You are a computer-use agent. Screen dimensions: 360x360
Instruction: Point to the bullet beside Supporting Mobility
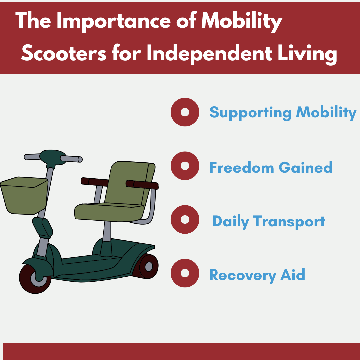(x=185, y=112)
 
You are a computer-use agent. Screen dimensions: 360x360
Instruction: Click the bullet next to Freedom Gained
(x=185, y=166)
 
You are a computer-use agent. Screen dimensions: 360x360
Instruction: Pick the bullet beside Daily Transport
(x=185, y=219)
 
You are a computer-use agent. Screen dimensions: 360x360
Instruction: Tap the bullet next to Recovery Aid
(x=185, y=273)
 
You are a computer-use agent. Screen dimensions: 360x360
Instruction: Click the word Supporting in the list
(x=250, y=113)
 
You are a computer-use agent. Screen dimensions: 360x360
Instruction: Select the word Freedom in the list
(x=242, y=167)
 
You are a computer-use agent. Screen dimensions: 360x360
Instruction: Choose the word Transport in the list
(x=289, y=222)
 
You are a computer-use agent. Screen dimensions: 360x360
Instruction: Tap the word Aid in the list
(x=293, y=274)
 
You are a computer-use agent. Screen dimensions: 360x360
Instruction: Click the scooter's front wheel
(x=35, y=278)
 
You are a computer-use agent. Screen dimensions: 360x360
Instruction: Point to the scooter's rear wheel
(x=146, y=266)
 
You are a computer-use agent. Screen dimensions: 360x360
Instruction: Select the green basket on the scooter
(x=24, y=196)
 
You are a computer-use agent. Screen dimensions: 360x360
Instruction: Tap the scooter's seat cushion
(x=109, y=212)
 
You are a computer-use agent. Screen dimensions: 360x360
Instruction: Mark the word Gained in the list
(x=305, y=167)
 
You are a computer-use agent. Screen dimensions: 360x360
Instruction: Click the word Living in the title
(x=307, y=54)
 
